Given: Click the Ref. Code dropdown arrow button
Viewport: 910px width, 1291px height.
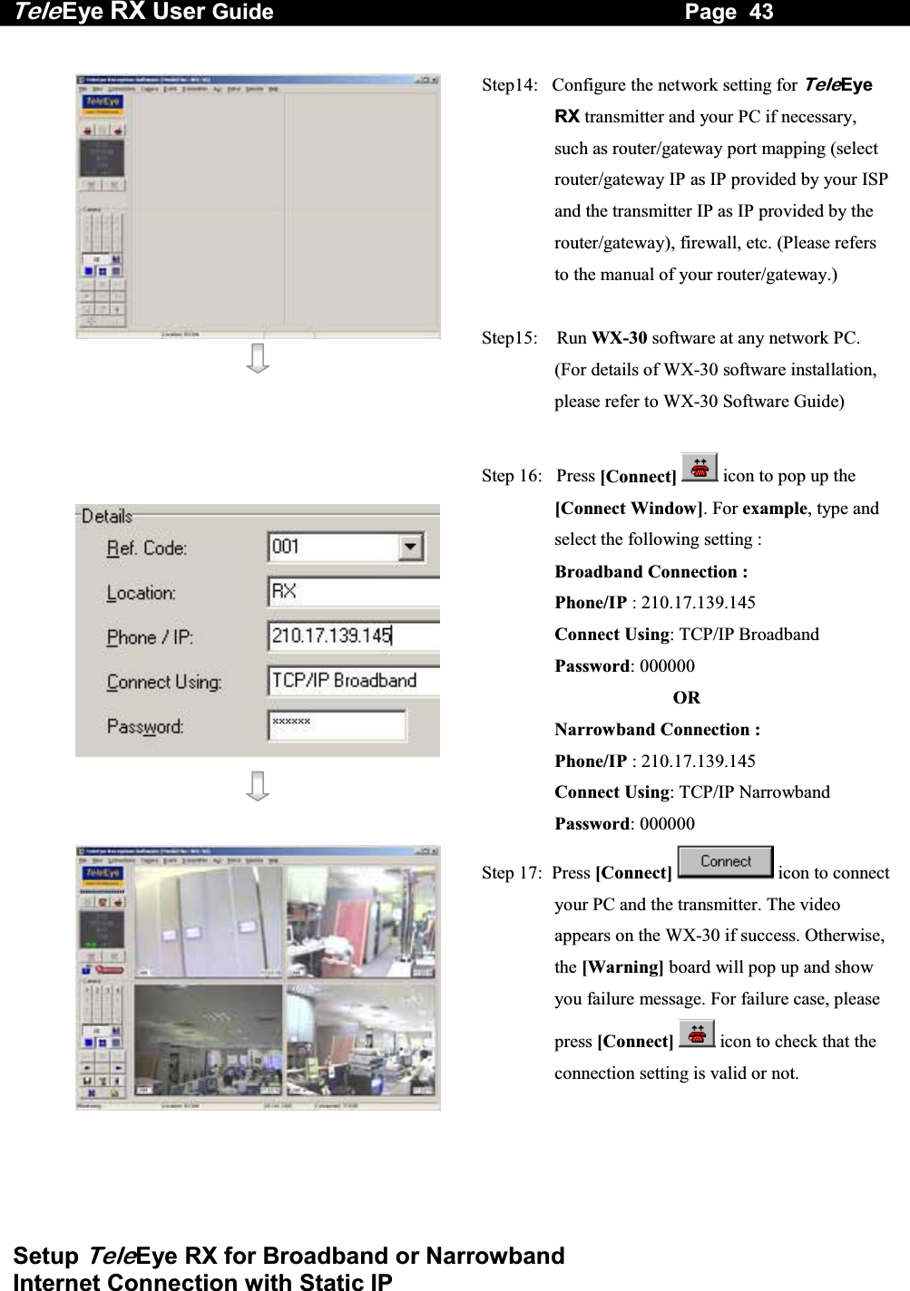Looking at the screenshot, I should pos(411,547).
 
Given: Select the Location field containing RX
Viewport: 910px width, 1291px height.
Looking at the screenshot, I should pos(354,592).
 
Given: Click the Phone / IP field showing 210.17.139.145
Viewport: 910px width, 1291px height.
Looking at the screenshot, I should pos(354,636).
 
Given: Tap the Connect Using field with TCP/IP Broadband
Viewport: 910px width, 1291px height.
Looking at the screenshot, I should pos(354,681).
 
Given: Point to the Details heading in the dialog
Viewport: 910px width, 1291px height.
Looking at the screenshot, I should pos(107,516).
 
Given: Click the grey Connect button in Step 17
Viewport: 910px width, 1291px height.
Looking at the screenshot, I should pos(725,862).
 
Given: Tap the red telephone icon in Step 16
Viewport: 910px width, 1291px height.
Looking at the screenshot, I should pos(698,469).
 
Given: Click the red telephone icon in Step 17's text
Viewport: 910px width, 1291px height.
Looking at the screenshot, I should pos(696,1034).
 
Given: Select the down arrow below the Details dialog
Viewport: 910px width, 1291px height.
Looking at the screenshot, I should pos(258,786).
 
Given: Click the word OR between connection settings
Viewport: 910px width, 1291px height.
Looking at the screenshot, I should pos(687,697).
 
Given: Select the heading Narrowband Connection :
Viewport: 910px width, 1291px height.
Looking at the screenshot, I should pos(657,729).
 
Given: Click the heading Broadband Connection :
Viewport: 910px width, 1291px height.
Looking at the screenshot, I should pos(651,571).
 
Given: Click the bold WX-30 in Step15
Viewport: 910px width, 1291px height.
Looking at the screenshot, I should pos(619,338).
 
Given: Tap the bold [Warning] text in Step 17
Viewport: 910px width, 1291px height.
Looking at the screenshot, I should pos(621,967).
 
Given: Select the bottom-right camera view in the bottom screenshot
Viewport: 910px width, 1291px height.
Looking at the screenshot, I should pos(361,1041).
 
